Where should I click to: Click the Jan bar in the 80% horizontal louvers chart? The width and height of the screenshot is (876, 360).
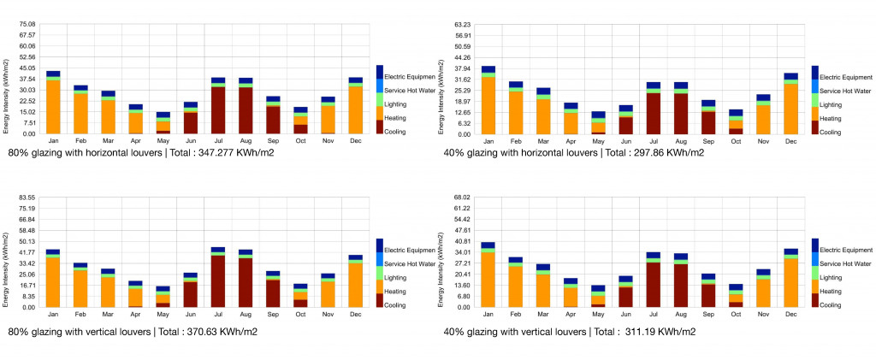(53, 103)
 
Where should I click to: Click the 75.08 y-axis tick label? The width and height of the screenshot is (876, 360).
(27, 24)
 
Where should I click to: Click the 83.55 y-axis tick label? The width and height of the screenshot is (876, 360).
(27, 198)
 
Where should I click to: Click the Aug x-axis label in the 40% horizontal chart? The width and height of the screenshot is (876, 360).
(681, 141)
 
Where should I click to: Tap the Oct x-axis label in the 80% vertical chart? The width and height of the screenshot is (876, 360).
(299, 315)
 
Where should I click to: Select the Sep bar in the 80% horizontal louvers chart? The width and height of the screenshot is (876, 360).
(273, 115)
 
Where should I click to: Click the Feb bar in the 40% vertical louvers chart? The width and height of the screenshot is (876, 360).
(516, 282)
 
